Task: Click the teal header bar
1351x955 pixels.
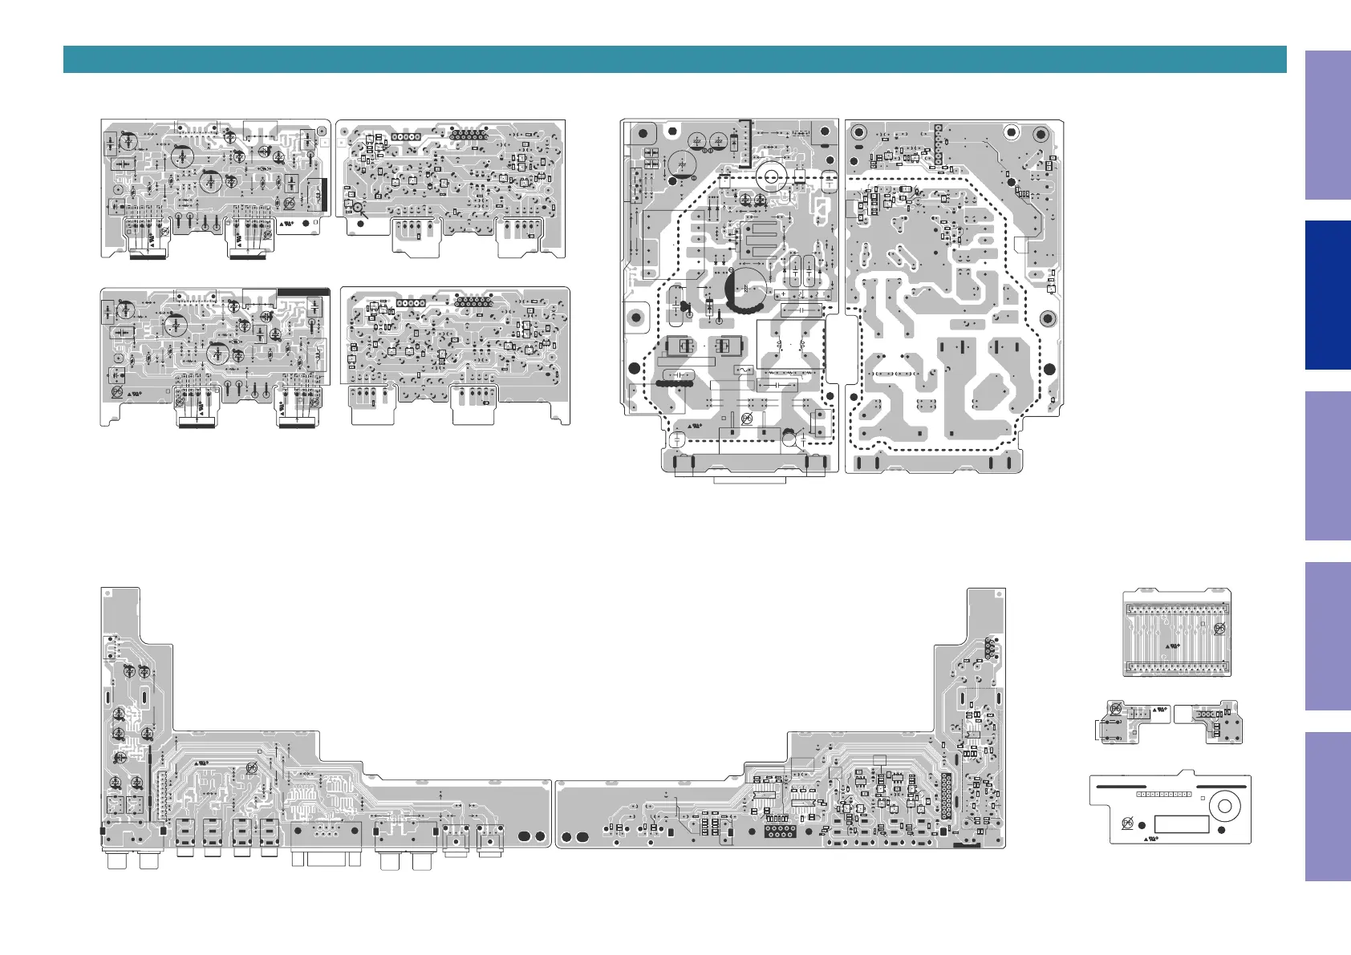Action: pos(674,59)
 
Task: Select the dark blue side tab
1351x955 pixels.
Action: pos(1327,295)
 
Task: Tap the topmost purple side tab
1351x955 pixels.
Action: pos(1327,125)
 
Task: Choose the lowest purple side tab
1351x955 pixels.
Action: pos(1327,807)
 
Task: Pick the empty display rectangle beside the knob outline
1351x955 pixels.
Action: pos(1181,824)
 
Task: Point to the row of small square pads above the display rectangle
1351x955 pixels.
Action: pos(1163,794)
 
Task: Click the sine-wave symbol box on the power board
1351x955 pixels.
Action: pos(743,370)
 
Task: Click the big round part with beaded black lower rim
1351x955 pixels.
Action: pos(745,289)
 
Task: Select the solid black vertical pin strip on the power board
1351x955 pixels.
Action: pos(937,145)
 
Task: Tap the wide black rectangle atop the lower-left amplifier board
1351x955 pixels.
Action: pos(303,293)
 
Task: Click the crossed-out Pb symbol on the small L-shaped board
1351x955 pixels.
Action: pos(1114,709)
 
